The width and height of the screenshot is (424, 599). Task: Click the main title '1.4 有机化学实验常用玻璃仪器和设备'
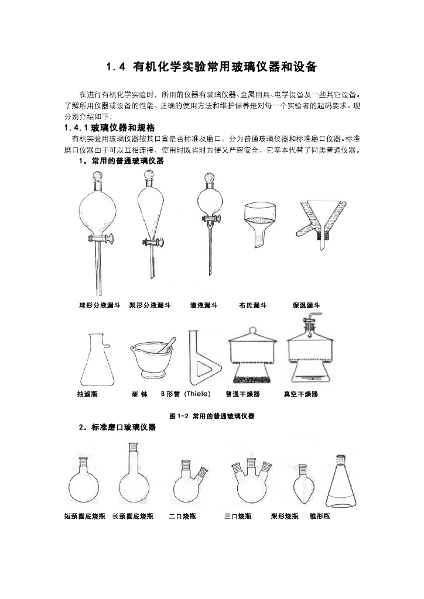click(211, 67)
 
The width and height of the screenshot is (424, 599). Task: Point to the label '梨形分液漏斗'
click(150, 305)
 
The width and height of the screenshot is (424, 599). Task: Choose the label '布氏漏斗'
click(253, 305)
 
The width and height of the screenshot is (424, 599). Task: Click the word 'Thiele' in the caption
click(196, 394)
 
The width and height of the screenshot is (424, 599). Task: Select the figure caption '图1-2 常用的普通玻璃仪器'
click(211, 416)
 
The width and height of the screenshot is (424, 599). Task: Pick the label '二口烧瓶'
click(182, 517)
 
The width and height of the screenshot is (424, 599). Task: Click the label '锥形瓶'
click(320, 517)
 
